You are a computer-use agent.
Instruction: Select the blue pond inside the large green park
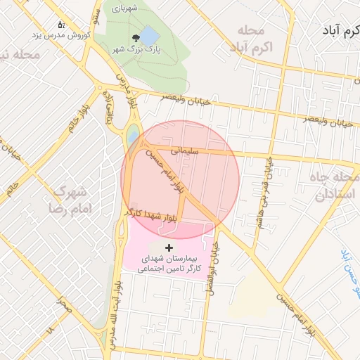point(150,34)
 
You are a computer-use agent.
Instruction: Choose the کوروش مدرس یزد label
point(60,34)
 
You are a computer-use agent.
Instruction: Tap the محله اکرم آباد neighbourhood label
point(250,39)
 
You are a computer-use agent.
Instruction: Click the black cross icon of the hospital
point(169,247)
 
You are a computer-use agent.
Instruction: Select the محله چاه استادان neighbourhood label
point(327,186)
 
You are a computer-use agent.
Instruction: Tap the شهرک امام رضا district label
point(68,200)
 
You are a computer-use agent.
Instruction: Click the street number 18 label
point(50,329)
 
